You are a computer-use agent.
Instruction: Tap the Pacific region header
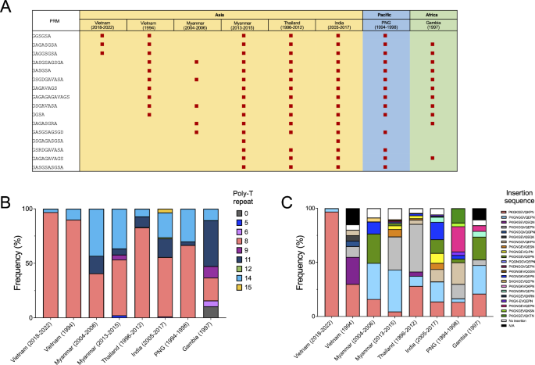(386, 13)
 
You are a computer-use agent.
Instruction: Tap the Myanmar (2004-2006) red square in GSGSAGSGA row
(196, 62)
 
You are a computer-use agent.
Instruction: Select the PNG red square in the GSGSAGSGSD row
(385, 133)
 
